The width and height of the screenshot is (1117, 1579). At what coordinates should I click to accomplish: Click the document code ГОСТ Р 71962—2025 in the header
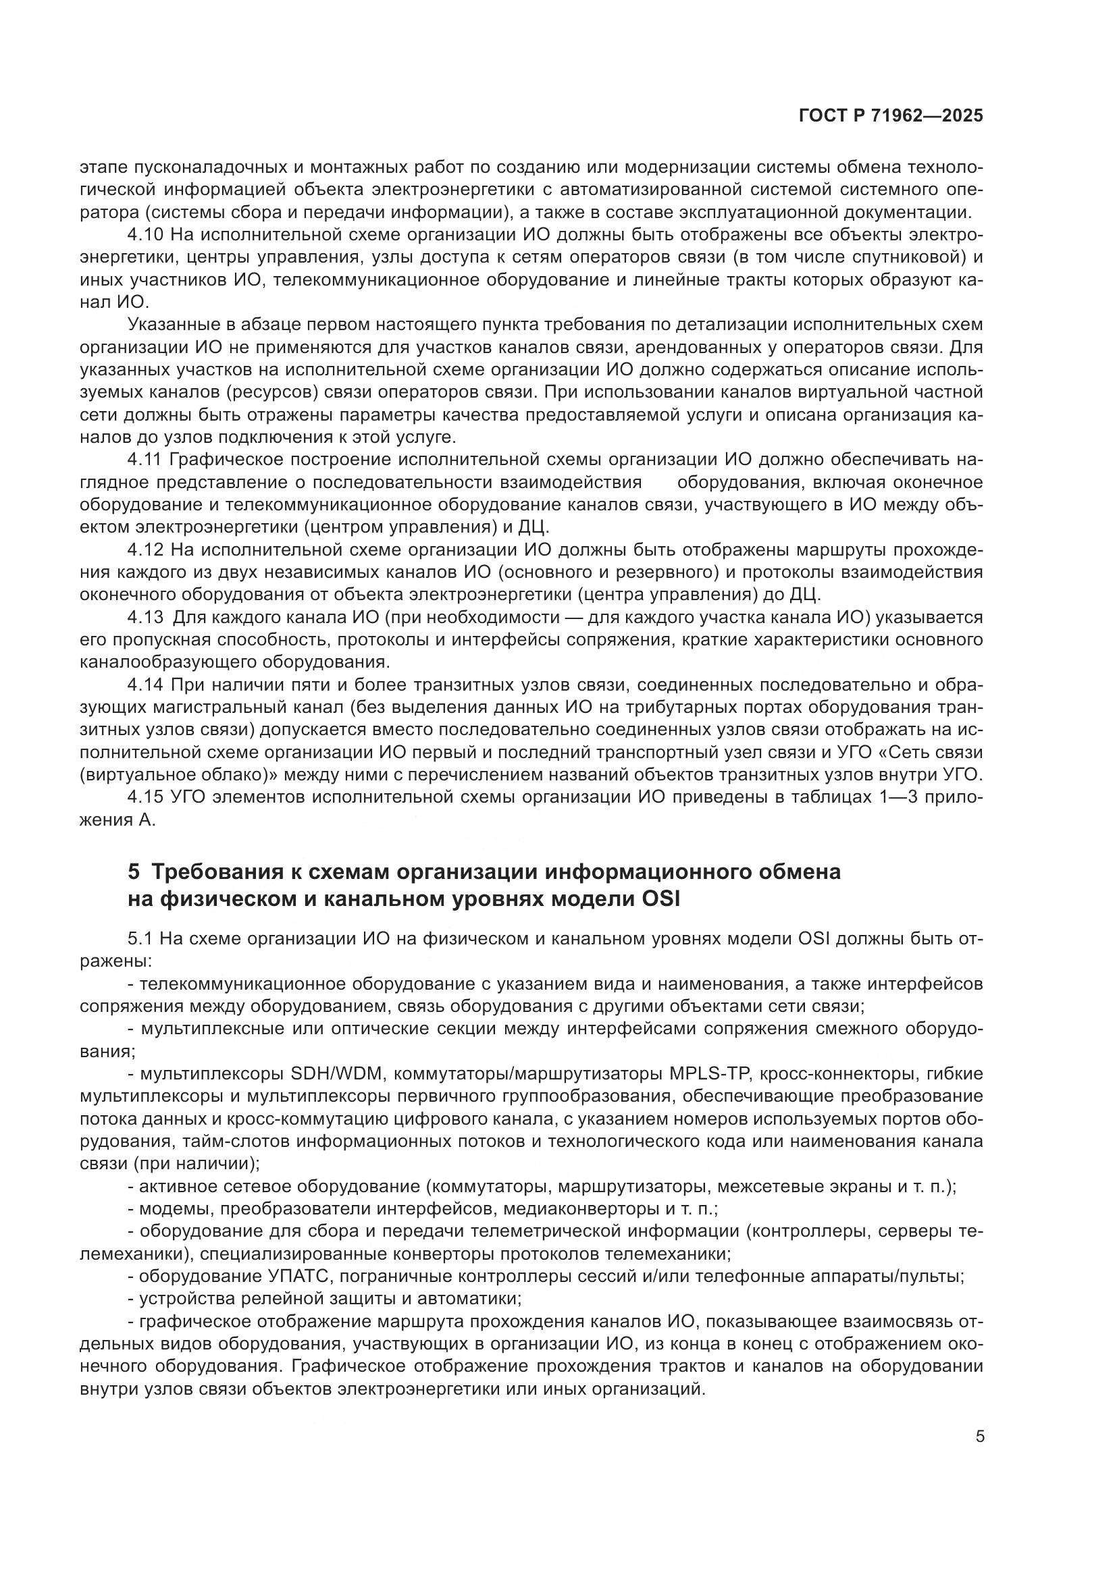click(x=891, y=115)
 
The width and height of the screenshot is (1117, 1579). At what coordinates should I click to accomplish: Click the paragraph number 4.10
click(x=145, y=235)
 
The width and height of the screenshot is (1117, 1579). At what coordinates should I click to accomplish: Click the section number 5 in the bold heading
click(x=134, y=872)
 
